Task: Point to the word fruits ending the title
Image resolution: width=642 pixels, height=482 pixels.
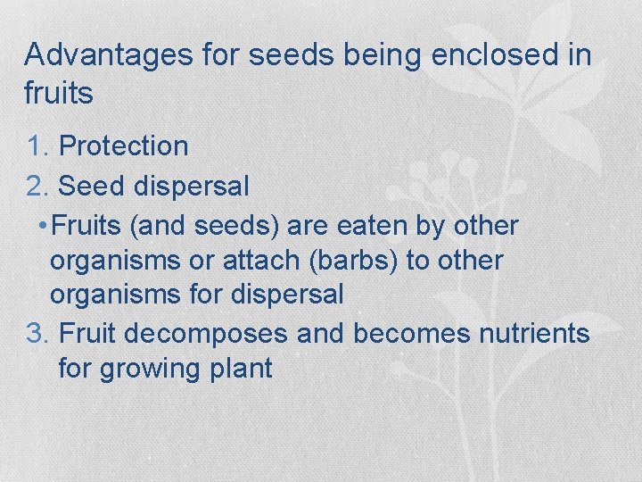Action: (x=59, y=93)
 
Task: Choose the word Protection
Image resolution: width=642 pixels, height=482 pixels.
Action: (x=123, y=146)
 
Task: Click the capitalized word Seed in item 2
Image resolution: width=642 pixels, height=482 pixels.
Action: (x=92, y=187)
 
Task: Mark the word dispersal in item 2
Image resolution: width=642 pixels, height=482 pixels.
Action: (x=192, y=187)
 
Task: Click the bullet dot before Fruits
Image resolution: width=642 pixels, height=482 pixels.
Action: (x=44, y=227)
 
